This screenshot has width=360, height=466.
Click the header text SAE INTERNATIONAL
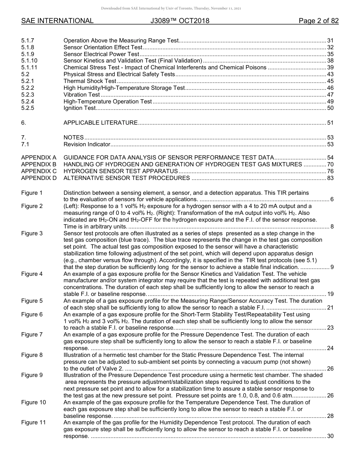click(x=57, y=21)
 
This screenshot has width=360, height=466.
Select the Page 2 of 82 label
click(x=318, y=21)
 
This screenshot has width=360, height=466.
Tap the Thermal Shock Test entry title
click(x=90, y=81)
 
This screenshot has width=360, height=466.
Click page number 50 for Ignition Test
click(x=330, y=108)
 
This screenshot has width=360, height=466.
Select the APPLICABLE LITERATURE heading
click(x=100, y=123)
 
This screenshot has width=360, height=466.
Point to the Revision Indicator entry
click(x=87, y=144)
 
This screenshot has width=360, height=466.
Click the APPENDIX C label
click(x=39, y=171)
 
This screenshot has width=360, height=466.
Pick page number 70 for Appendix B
click(x=330, y=164)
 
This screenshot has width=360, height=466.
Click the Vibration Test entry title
click(x=81, y=95)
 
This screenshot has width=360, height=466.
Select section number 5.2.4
click(x=28, y=102)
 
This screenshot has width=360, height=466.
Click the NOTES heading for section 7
click(x=74, y=138)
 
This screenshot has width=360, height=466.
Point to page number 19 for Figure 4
click(x=330, y=294)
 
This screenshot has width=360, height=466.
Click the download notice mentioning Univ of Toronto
click(x=171, y=8)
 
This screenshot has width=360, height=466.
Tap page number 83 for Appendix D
click(x=330, y=178)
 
